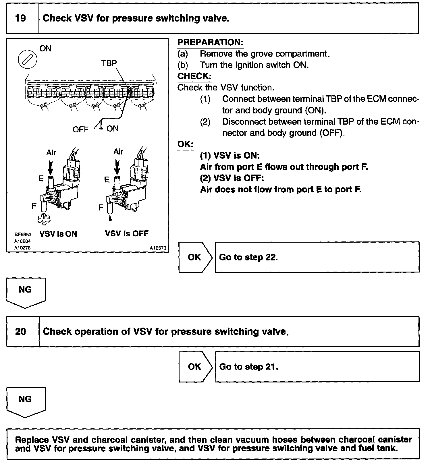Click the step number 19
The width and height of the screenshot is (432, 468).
[20, 18]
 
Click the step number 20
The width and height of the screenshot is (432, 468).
[20, 332]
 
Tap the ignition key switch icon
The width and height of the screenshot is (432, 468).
[28, 60]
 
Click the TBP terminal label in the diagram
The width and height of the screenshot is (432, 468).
[109, 63]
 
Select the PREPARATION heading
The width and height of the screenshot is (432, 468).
[210, 42]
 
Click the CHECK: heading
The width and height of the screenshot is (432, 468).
[194, 76]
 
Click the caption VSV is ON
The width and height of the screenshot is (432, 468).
[58, 234]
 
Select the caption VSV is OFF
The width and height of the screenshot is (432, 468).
[127, 233]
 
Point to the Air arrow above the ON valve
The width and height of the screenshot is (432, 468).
[51, 167]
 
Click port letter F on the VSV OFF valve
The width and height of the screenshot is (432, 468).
[101, 207]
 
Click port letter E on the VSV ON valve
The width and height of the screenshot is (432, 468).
[41, 179]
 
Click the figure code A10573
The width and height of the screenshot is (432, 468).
[158, 248]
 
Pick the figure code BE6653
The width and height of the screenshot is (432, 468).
[23, 235]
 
